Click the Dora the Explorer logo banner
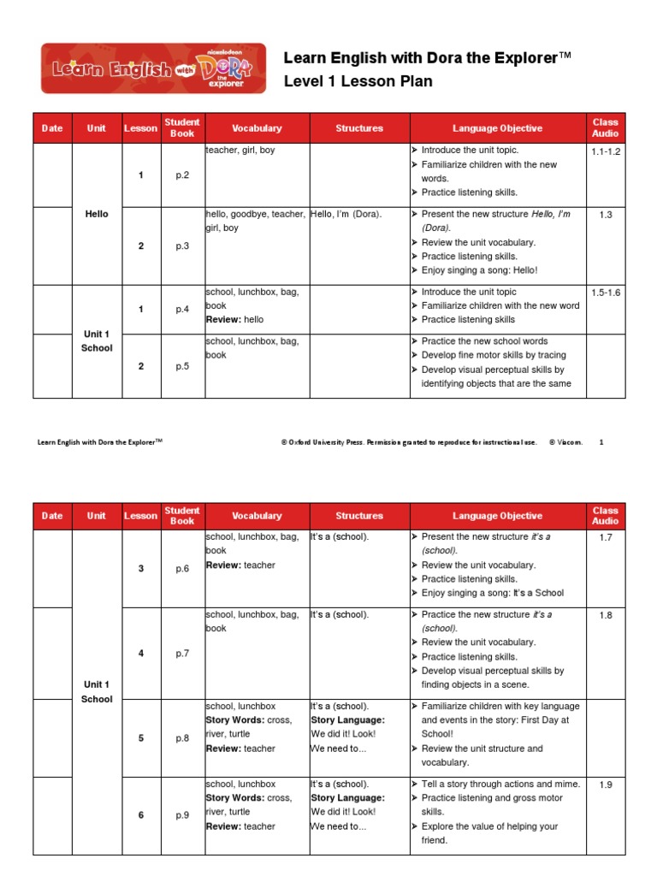pos(153,68)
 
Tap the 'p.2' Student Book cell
pos(182,175)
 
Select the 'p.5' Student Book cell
pos(182,366)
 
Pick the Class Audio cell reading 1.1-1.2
pos(605,151)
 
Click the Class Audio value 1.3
pos(605,215)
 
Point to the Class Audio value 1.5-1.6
pos(605,293)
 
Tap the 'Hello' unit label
pos(97,214)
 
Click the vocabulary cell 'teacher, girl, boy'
pos(240,150)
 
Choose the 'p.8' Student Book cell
pos(182,738)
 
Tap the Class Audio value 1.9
pos(605,784)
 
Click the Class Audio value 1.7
pos(605,536)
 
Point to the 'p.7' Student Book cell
pos(182,654)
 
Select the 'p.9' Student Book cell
pos(182,815)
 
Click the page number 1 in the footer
pos(601,442)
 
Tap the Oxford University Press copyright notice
pos(409,442)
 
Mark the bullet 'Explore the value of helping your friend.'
pos(489,833)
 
